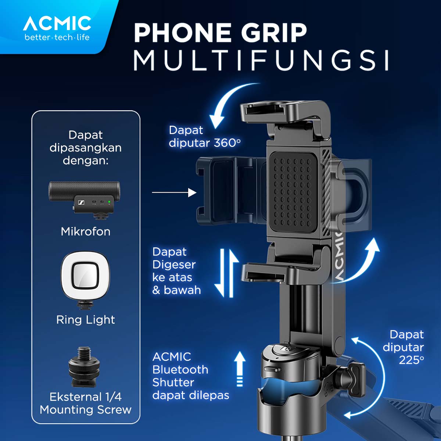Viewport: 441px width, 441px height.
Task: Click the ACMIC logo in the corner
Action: point(57,28)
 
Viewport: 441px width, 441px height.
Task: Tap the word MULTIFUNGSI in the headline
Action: point(261,61)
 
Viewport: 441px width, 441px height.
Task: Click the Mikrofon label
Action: point(85,232)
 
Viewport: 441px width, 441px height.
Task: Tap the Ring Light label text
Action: point(85,320)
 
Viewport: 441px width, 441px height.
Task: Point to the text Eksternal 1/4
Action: point(85,397)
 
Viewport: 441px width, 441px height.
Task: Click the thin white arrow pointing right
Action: point(174,192)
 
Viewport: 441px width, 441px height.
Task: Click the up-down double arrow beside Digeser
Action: point(226,272)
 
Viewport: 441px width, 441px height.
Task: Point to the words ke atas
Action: point(172,277)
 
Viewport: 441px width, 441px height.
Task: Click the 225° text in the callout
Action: point(411,360)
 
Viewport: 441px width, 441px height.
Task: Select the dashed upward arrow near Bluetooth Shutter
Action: point(240,368)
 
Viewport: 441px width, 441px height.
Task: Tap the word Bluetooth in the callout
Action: point(180,369)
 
